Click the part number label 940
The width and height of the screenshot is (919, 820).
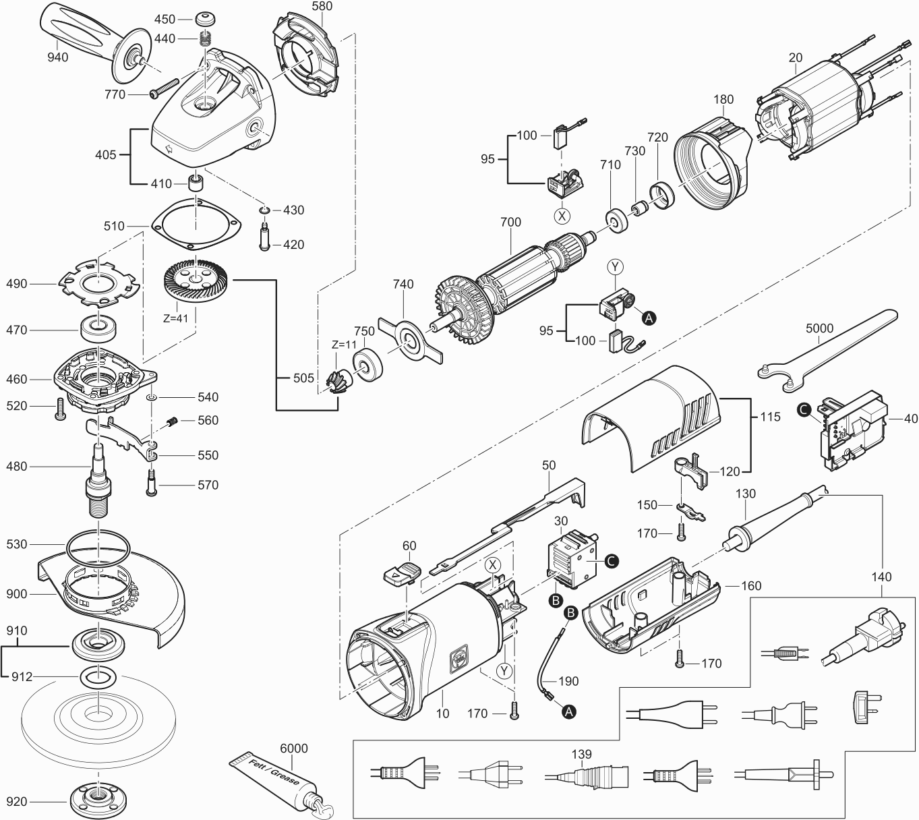click(58, 57)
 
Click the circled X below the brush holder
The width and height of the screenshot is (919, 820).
click(562, 216)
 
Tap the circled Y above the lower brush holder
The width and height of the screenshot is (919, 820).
click(614, 267)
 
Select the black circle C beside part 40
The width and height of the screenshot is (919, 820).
click(802, 409)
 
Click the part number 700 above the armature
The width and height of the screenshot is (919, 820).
click(510, 222)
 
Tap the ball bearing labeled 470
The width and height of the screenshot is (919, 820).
click(100, 330)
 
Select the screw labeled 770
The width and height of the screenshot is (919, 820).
click(161, 88)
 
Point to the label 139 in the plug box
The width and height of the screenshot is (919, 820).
click(581, 754)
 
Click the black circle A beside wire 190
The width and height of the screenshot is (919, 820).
click(569, 711)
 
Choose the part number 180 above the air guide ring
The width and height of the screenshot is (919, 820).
click(723, 100)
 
